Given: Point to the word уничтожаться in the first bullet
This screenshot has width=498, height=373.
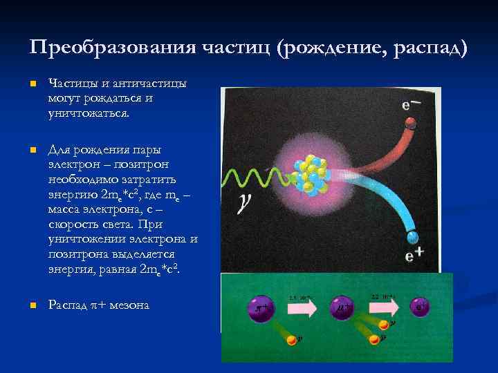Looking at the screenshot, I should (87, 112).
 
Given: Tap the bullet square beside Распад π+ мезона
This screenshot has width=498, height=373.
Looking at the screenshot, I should (32, 305).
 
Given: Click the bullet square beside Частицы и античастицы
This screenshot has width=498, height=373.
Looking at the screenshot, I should (32, 84).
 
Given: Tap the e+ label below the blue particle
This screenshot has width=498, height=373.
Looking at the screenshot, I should (414, 256).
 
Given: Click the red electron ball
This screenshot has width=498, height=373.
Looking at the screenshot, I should (410, 123).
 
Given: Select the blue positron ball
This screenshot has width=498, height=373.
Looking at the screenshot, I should (413, 236).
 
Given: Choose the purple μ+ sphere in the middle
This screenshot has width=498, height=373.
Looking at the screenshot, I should (343, 307).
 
